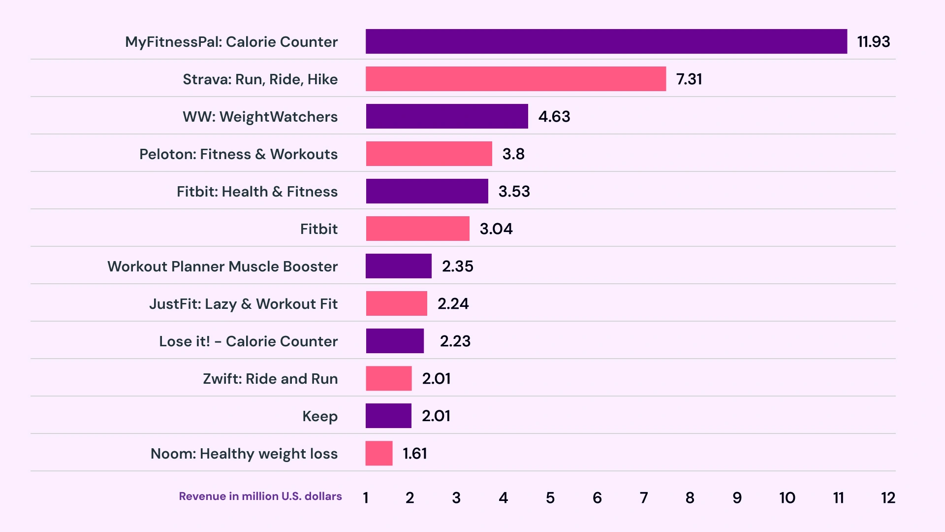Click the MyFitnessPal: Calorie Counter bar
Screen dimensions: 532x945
click(x=606, y=41)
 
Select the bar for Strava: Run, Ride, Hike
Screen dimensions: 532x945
click(x=515, y=79)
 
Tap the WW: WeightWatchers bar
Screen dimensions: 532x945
click(x=446, y=116)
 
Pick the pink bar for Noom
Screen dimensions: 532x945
click(x=379, y=453)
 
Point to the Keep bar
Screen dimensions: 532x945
click(x=388, y=416)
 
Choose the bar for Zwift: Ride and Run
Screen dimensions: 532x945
click(x=388, y=378)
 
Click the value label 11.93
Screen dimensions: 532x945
click(x=873, y=42)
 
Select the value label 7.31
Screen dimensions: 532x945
click(x=689, y=79)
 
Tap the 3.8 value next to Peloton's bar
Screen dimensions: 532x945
click(x=513, y=154)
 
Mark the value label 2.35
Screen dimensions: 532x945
click(x=457, y=266)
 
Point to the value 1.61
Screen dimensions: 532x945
click(x=415, y=454)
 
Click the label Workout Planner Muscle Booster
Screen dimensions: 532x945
click(x=222, y=266)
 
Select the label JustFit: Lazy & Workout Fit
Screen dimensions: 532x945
click(x=243, y=304)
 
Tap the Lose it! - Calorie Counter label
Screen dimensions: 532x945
click(x=248, y=341)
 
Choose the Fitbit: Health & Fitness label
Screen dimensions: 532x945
click(x=257, y=192)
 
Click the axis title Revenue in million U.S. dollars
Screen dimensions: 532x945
click(x=260, y=497)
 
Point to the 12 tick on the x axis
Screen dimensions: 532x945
click(x=888, y=498)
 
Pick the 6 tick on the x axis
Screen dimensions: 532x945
click(x=597, y=498)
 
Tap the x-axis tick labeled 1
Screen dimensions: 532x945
click(x=366, y=498)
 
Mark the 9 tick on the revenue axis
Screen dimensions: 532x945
click(x=737, y=498)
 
